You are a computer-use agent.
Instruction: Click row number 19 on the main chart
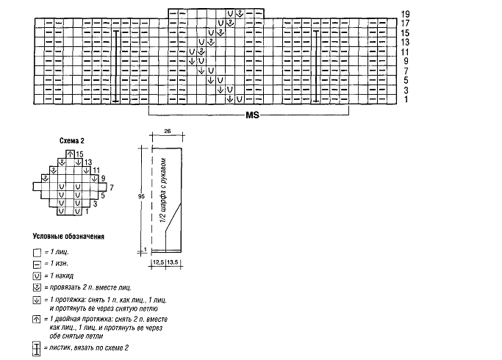[406, 14]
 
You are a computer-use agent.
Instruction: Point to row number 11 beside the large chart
[406, 52]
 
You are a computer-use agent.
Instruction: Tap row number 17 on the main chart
[406, 24]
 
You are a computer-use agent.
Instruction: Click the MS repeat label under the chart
[252, 116]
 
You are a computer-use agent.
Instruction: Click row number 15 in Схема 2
[79, 153]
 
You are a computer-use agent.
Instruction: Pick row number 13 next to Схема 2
[87, 162]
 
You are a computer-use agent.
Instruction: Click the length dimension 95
[140, 196]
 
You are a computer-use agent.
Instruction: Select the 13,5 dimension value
[175, 261]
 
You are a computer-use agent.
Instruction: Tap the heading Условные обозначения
[68, 237]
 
